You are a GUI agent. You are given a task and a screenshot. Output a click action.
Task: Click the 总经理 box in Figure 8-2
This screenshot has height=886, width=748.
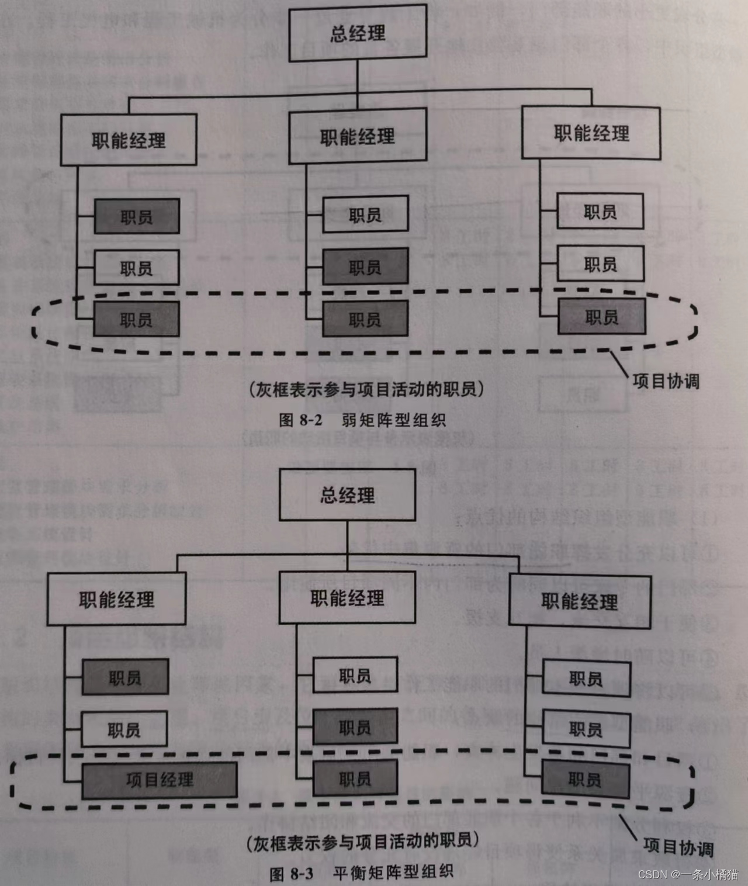tap(358, 33)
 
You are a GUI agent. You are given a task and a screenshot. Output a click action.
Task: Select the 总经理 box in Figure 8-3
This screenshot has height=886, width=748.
tap(347, 495)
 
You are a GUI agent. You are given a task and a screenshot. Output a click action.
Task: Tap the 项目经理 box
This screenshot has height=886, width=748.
tap(159, 780)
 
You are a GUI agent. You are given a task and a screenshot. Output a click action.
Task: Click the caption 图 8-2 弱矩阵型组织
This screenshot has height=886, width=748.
tap(362, 420)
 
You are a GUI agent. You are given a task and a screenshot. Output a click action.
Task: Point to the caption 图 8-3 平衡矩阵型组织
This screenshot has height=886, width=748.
tap(362, 873)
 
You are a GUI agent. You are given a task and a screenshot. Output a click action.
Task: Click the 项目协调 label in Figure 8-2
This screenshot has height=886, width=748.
tap(666, 382)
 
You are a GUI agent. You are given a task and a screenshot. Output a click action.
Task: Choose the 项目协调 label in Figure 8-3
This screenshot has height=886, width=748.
tap(678, 847)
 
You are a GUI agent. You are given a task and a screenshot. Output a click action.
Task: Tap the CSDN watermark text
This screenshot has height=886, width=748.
tap(688, 874)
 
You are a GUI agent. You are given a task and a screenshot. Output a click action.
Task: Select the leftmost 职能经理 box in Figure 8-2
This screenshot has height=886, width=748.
tap(129, 140)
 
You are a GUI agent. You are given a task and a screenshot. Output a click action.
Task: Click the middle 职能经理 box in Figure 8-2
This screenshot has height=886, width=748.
tap(358, 137)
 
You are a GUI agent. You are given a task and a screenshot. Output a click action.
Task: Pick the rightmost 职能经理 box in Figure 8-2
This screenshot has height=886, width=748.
tap(591, 133)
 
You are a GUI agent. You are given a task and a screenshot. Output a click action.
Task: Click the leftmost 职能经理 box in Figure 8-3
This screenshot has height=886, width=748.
tap(116, 600)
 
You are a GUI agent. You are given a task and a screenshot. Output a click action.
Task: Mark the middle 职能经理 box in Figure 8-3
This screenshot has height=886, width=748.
tap(347, 598)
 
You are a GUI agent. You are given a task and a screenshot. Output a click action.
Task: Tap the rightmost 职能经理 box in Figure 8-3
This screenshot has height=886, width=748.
tap(580, 601)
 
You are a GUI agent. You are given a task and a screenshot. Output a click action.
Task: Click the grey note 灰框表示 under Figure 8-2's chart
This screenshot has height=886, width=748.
tap(366, 389)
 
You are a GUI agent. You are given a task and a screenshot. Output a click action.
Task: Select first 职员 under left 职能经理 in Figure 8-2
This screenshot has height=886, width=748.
tap(136, 217)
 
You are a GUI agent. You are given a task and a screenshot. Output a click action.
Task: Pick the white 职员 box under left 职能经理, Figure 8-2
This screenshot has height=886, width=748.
tap(136, 268)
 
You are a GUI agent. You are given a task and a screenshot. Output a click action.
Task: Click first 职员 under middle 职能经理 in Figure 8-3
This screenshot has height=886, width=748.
tap(355, 676)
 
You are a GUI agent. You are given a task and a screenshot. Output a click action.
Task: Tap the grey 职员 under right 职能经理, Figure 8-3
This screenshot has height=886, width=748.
tap(585, 779)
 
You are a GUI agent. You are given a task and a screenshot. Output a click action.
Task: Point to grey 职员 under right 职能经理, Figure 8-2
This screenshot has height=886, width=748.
tap(601, 317)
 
